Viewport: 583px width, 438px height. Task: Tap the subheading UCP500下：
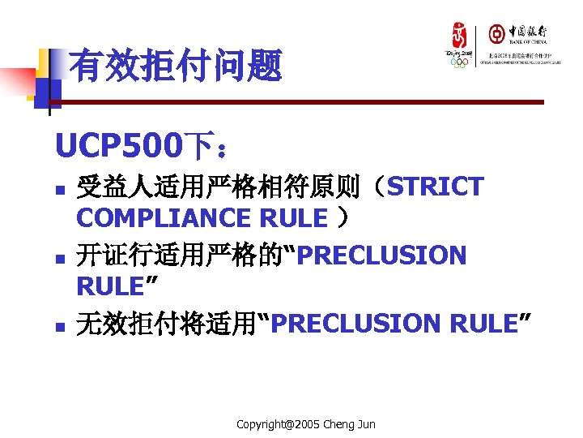[x=142, y=147]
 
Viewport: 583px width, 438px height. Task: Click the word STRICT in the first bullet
[x=436, y=187]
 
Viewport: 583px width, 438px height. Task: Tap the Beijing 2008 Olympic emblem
[x=459, y=45]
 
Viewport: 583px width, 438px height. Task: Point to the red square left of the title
[x=17, y=81]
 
